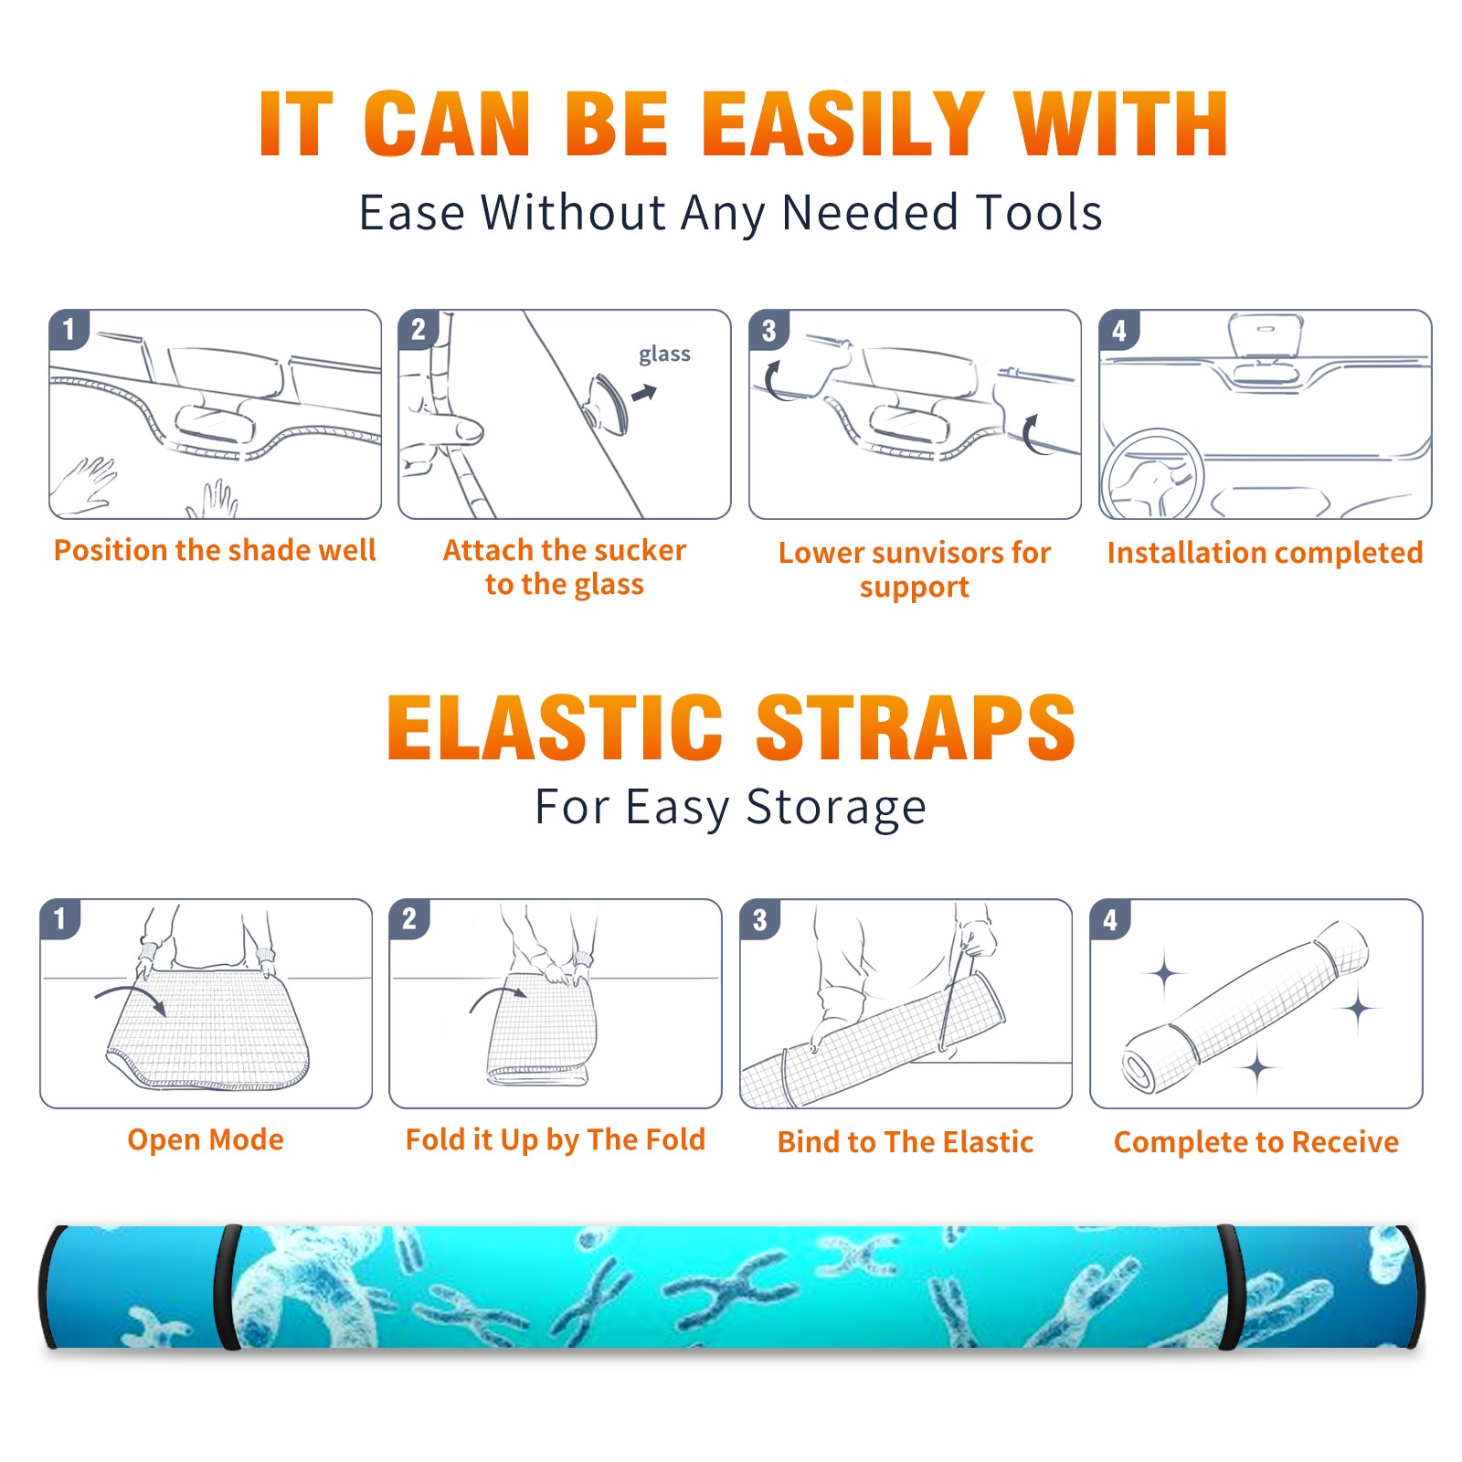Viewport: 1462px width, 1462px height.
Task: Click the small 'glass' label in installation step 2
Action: (x=664, y=355)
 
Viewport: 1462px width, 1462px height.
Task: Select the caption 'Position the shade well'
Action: (x=215, y=550)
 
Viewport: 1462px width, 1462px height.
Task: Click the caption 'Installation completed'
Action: (x=1265, y=553)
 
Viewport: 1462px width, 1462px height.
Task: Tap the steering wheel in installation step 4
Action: (x=1152, y=475)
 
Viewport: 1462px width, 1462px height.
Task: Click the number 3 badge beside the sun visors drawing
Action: (x=768, y=331)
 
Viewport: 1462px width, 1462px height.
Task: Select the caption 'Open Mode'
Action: (x=206, y=1139)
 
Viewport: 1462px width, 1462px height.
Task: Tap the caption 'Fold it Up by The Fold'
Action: (x=556, y=1140)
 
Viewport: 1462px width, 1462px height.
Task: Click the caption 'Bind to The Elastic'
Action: (x=906, y=1142)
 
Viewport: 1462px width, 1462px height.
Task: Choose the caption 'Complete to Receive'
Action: (x=1256, y=1142)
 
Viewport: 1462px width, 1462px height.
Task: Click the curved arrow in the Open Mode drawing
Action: (x=131, y=995)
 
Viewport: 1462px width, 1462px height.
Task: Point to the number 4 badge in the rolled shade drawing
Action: (x=1110, y=919)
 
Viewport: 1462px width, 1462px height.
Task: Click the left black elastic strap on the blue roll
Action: (x=227, y=1287)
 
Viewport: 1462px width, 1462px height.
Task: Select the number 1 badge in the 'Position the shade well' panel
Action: (x=69, y=330)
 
